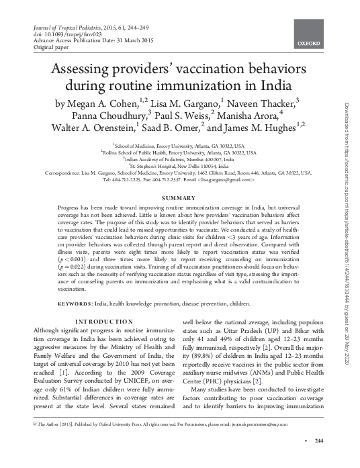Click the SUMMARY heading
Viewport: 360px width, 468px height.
pyautogui.click(x=180, y=199)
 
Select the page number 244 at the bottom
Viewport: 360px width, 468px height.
pyautogui.click(x=319, y=459)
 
